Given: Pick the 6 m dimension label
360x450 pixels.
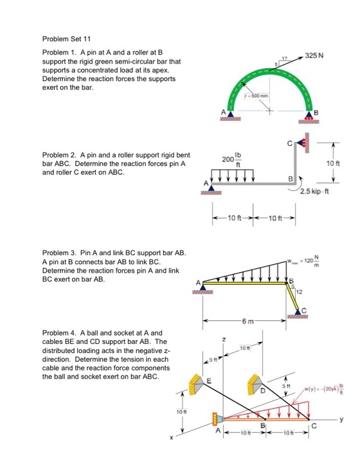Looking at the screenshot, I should (250, 320).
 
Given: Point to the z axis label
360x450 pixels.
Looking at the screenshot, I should (223, 339).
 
